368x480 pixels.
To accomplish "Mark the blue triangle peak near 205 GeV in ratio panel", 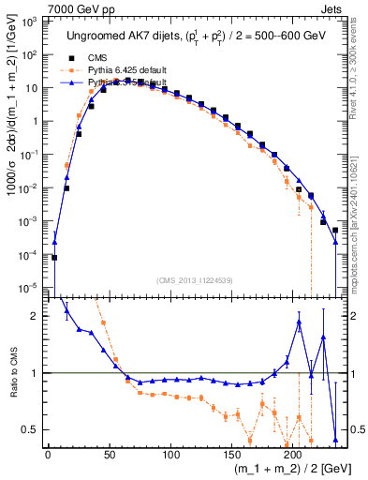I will tap(299, 322).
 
